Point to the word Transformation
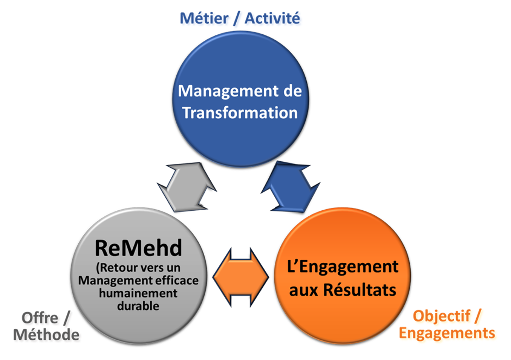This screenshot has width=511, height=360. tap(240, 113)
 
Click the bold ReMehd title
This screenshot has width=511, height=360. tap(138, 248)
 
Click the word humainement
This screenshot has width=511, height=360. tap(138, 293)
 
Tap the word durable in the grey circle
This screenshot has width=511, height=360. tap(138, 306)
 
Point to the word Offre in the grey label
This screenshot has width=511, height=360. tap(40, 318)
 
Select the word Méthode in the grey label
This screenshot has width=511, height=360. tap(46, 335)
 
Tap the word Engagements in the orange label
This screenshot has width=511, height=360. tap(447, 333)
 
